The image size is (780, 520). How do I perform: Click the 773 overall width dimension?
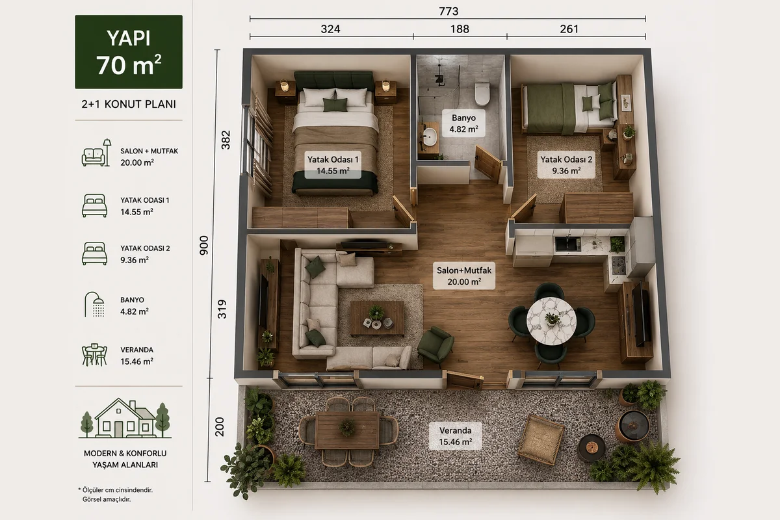[448, 12]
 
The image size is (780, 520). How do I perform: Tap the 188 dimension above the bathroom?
[460, 29]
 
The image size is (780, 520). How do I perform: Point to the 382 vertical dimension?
[226, 140]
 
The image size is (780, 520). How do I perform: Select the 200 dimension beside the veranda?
[220, 427]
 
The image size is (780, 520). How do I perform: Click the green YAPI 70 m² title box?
[129, 51]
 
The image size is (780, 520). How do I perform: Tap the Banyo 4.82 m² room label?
[463, 123]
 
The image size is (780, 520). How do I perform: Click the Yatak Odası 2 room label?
[566, 164]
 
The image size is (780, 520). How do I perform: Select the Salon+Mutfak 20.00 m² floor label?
[464, 276]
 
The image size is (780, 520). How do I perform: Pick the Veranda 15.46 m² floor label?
[455, 435]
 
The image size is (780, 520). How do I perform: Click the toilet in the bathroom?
[482, 94]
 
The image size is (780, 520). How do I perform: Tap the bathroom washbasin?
[430, 137]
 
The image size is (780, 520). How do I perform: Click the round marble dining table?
[551, 321]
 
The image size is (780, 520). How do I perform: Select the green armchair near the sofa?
[435, 346]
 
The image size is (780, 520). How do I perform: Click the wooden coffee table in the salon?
[377, 318]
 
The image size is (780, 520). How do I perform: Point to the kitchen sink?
[567, 244]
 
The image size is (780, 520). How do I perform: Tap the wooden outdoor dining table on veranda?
[347, 430]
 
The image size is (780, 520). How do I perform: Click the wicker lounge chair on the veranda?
[541, 439]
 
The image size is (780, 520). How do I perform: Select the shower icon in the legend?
[94, 304]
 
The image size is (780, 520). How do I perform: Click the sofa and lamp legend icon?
[96, 153]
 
